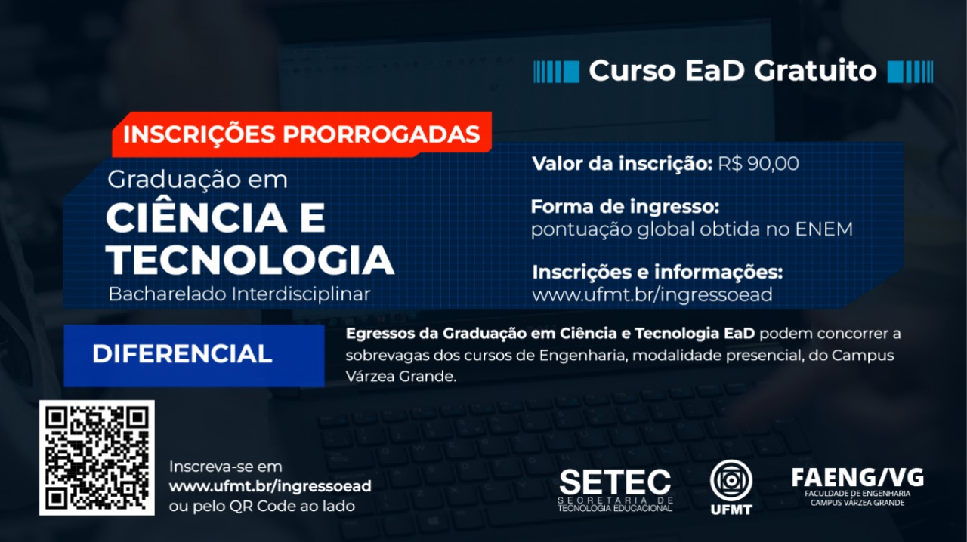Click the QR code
pyautogui.click(x=97, y=457)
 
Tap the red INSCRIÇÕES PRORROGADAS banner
pyautogui.click(x=301, y=134)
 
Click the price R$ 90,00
pyautogui.click(x=758, y=164)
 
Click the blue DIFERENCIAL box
pyautogui.click(x=194, y=356)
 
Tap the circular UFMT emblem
pyautogui.click(x=731, y=480)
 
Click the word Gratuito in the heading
pyautogui.click(x=815, y=71)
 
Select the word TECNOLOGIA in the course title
pyautogui.click(x=250, y=260)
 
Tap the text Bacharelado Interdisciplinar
pyautogui.click(x=239, y=294)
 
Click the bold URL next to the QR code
pyautogui.click(x=270, y=486)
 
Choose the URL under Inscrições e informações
pyautogui.click(x=652, y=295)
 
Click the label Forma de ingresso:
pyautogui.click(x=625, y=207)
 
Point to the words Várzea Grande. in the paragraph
pyautogui.click(x=400, y=376)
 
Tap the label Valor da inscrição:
pyautogui.click(x=622, y=164)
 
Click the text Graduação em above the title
pyautogui.click(x=197, y=180)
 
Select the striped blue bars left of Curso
pyautogui.click(x=556, y=71)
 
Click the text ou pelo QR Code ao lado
pyautogui.click(x=262, y=506)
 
